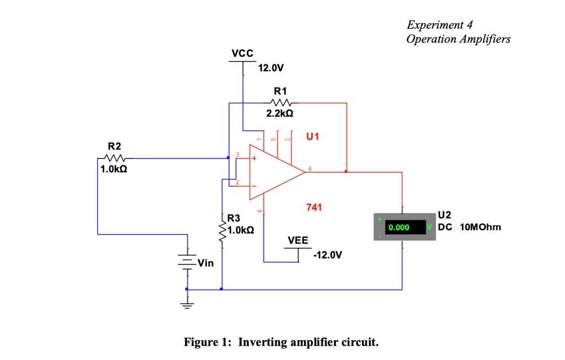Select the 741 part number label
click(315, 208)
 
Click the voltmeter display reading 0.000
click(399, 227)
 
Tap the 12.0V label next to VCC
click(271, 69)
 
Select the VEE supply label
click(298, 241)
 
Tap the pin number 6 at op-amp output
click(310, 168)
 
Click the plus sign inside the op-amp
click(255, 159)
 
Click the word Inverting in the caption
click(262, 342)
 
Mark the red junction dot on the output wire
click(346, 172)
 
